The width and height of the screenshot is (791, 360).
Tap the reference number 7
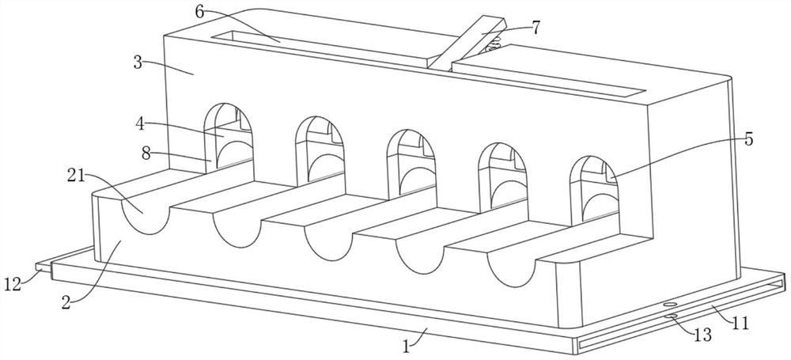536,27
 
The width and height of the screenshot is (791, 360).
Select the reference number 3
138,63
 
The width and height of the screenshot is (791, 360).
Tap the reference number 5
748,140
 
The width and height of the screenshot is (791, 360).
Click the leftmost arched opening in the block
229,135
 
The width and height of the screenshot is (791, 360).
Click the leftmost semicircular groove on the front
145,214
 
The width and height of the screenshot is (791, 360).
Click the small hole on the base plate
669,303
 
